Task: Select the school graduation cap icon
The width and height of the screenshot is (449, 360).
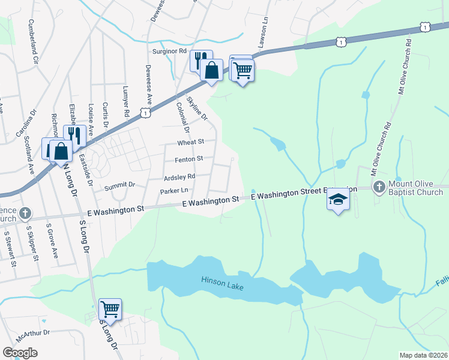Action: pyautogui.click(x=338, y=200)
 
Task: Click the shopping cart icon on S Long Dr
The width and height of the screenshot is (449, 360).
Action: pyautogui.click(x=110, y=309)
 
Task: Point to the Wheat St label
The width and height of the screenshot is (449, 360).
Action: pyautogui.click(x=191, y=142)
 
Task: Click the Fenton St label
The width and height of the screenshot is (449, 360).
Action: pyautogui.click(x=189, y=159)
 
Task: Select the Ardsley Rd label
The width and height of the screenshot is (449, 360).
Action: pyautogui.click(x=179, y=177)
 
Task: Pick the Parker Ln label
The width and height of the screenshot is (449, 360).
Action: pyautogui.click(x=175, y=191)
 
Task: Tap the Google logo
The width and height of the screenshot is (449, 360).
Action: pyautogui.click(x=20, y=352)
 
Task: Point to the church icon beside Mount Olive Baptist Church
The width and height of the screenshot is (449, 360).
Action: pyautogui.click(x=379, y=187)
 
